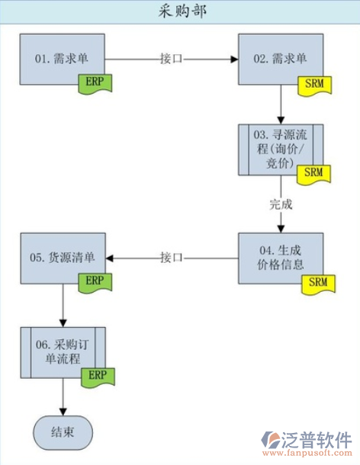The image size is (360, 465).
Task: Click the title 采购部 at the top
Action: click(180, 11)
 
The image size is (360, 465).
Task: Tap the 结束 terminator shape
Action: click(63, 432)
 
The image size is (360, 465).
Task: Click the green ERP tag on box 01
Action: click(95, 81)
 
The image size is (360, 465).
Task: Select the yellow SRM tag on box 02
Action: click(313, 82)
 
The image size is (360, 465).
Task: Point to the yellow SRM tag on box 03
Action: click(313, 173)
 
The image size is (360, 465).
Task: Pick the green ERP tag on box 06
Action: click(95, 375)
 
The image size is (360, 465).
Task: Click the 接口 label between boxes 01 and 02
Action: click(172, 58)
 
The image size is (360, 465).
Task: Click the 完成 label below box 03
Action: click(281, 204)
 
